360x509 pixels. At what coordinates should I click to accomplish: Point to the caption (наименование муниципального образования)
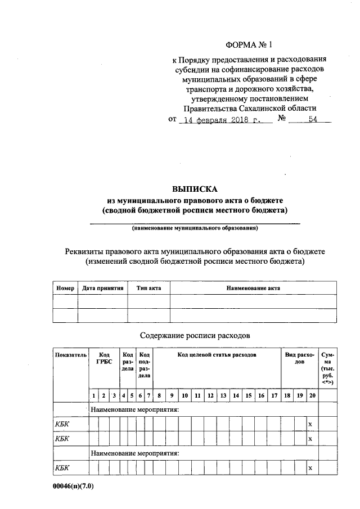[195, 229]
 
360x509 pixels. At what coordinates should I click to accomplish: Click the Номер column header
[65, 288]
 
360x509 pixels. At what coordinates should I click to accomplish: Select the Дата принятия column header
[102, 288]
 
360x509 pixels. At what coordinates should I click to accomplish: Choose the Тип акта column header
[148, 288]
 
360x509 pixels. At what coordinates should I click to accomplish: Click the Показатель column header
[70, 355]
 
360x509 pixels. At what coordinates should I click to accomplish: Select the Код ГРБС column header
[104, 359]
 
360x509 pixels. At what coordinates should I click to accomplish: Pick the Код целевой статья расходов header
[217, 355]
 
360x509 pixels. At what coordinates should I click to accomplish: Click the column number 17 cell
[274, 395]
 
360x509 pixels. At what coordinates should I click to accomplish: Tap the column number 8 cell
[160, 395]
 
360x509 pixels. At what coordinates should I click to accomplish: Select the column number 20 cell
[312, 395]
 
